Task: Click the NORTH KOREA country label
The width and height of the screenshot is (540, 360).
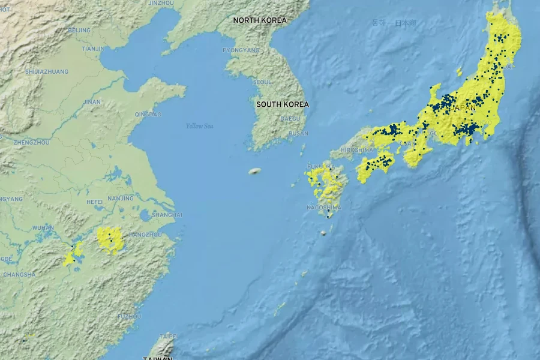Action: coord(260,20)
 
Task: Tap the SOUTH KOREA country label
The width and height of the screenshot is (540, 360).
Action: coord(283,104)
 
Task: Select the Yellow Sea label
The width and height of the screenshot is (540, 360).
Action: coord(199,126)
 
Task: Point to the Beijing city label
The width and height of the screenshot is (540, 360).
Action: coord(79,30)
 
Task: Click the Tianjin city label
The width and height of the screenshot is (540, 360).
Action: coord(93,49)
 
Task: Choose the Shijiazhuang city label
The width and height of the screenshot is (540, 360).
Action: coord(47,72)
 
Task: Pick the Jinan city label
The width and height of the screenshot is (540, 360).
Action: coord(92,102)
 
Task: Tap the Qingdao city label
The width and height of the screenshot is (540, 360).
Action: coord(148,115)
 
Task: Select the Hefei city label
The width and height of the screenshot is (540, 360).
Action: coord(94,202)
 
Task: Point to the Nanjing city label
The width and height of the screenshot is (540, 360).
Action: coord(121,199)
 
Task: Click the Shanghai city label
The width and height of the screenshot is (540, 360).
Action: coord(167,215)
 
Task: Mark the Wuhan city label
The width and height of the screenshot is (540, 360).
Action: coord(43,228)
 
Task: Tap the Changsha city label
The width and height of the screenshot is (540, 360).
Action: coord(19,275)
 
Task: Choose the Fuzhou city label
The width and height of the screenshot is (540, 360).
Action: coord(129,316)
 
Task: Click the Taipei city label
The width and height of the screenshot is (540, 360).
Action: coord(168,337)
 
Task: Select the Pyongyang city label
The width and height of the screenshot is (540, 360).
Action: coord(242,50)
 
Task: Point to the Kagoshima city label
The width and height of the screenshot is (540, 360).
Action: coord(324,208)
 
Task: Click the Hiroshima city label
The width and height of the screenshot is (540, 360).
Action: coord(356,150)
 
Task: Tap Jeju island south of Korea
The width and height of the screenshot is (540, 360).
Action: coord(256,172)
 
